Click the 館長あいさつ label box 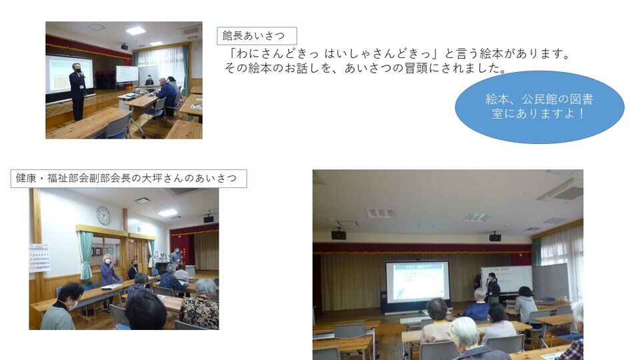(x=257, y=36)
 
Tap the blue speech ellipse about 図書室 (x=539, y=107)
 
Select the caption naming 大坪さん (x=129, y=179)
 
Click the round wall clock (x=104, y=215)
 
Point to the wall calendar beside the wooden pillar (x=39, y=258)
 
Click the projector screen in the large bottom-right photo (x=417, y=282)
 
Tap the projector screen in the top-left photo (x=69, y=75)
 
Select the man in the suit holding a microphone (x=77, y=91)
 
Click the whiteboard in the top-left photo (x=127, y=74)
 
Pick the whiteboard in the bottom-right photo (x=507, y=279)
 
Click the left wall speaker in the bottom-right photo (x=339, y=235)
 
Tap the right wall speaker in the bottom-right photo (x=495, y=237)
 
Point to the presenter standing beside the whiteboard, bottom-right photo (x=493, y=288)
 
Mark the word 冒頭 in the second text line (x=416, y=68)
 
